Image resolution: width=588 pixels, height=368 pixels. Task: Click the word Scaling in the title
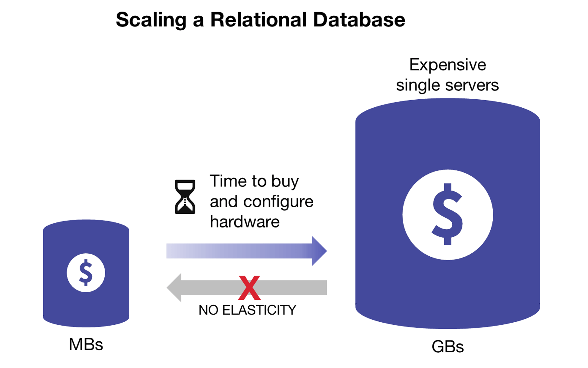click(151, 20)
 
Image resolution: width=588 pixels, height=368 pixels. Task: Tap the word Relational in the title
click(258, 20)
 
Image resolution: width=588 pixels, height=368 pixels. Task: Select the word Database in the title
click(359, 20)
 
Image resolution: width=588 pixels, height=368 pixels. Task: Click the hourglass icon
click(185, 197)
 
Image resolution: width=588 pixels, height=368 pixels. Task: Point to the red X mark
click(249, 288)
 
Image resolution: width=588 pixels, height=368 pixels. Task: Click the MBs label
click(86, 344)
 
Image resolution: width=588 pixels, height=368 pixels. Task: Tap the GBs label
click(447, 347)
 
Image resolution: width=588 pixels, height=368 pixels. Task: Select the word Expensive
click(447, 65)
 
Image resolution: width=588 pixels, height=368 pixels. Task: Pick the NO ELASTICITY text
click(247, 310)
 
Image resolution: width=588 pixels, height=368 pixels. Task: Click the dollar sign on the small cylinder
click(86, 273)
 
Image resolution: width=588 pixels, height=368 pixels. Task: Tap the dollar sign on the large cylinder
click(447, 214)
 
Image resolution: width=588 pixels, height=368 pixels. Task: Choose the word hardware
click(245, 222)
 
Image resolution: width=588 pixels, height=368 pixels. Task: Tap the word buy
click(285, 182)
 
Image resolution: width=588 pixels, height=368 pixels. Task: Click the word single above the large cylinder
click(417, 85)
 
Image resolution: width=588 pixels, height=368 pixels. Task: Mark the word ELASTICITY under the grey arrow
click(259, 310)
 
